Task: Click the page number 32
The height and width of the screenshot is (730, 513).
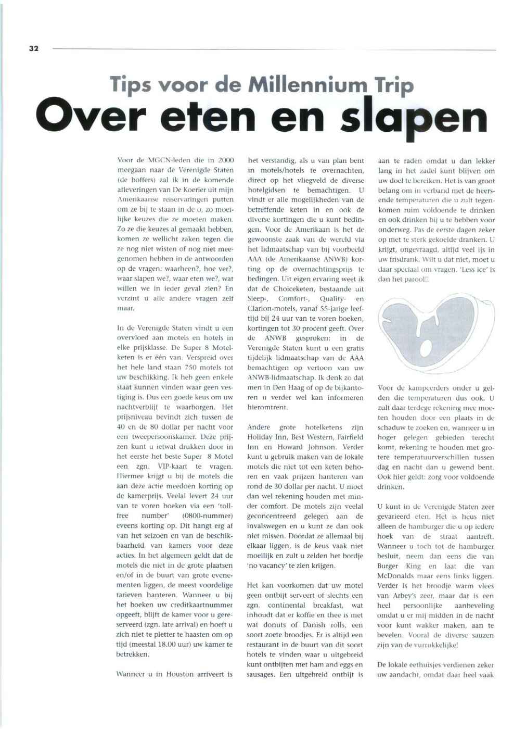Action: (x=34, y=48)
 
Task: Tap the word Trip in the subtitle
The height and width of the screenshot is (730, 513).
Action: (x=394, y=85)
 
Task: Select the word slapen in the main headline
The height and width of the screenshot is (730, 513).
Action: (x=413, y=119)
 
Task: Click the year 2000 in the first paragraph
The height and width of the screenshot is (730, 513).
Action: (x=226, y=160)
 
